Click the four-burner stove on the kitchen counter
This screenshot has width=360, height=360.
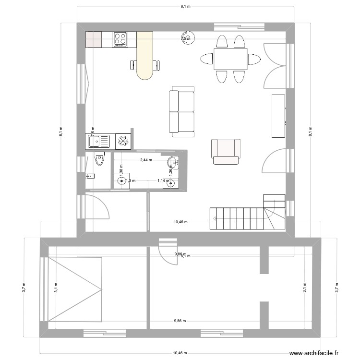tap(120, 39)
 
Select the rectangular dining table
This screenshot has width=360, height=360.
tap(230, 59)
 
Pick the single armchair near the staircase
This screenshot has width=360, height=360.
tap(226, 151)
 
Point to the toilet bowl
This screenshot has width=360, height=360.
tap(99, 158)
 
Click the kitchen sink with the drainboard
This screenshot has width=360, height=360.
tap(98, 141)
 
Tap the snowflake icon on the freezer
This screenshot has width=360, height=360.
tap(123, 141)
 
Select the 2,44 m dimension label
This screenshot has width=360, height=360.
tap(145, 160)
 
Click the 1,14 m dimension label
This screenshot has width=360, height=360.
tap(164, 181)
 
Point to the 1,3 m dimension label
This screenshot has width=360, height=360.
tap(131, 181)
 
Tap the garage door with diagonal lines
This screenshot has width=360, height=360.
tap(75, 289)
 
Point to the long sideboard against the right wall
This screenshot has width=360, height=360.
tap(278, 116)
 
